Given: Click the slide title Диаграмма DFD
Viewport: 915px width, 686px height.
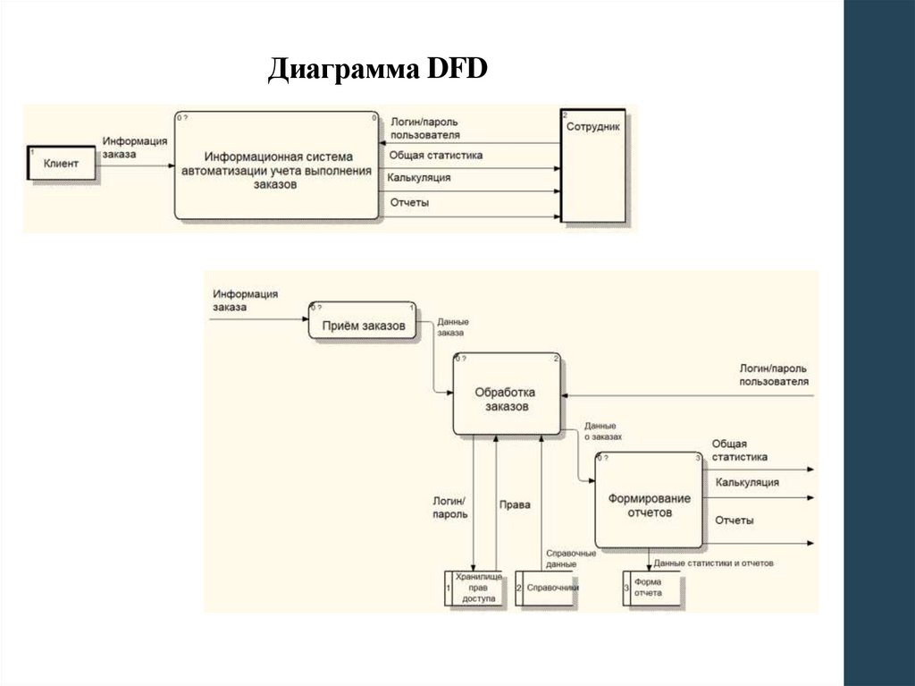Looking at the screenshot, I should click(x=377, y=70).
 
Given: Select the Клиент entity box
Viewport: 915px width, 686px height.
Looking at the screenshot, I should click(x=61, y=164).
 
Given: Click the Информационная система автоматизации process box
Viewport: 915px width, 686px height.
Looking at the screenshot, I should click(x=275, y=165).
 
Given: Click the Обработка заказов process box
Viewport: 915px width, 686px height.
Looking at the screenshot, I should click(x=507, y=394).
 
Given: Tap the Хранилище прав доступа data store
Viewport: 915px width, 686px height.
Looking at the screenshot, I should click(x=476, y=589).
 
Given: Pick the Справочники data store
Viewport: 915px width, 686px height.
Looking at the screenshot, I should click(x=548, y=589).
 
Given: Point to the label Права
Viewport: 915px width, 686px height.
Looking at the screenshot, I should click(x=515, y=504).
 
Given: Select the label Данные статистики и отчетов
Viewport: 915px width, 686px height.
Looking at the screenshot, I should click(x=712, y=563).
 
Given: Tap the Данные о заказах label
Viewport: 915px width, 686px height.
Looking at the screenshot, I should click(x=602, y=432).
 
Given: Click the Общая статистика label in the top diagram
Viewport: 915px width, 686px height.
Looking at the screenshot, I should click(x=435, y=155).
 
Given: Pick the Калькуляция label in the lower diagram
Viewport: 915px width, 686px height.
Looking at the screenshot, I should click(x=746, y=482).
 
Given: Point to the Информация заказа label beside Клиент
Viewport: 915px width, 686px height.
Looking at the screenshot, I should click(x=134, y=147).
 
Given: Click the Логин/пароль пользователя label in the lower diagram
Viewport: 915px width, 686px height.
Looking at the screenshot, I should click(x=774, y=374).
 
